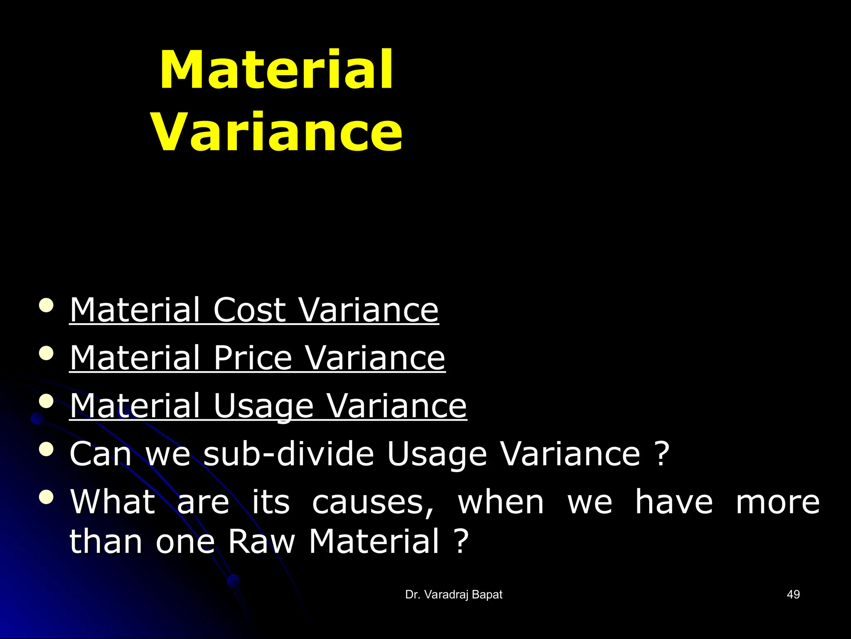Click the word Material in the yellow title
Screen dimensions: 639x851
(x=276, y=69)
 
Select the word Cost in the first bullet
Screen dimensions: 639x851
(x=249, y=310)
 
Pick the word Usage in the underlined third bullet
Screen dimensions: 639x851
(x=263, y=406)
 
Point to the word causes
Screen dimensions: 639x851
(x=372, y=502)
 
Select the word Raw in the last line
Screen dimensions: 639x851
(x=261, y=541)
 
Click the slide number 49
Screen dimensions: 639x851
(x=793, y=594)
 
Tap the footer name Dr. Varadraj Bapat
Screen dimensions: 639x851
(x=454, y=594)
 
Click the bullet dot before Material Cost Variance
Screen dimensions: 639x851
(x=46, y=305)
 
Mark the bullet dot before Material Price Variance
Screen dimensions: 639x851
(x=46, y=353)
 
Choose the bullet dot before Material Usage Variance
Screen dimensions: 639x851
(x=46, y=401)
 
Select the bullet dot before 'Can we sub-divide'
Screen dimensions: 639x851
(x=46, y=449)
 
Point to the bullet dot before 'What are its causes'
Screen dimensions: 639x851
(x=46, y=498)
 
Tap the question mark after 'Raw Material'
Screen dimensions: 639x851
(x=461, y=541)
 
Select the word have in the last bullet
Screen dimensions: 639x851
(x=674, y=502)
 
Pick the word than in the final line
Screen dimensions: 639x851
(x=106, y=541)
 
